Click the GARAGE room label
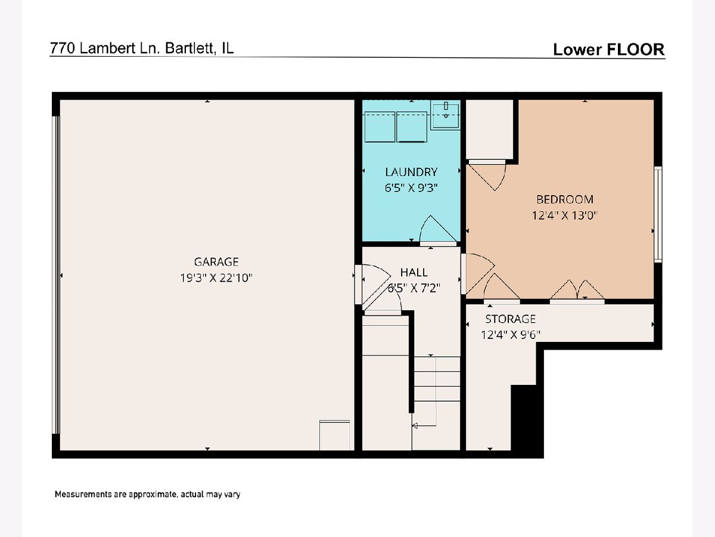click(216, 262)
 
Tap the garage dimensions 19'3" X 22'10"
click(216, 278)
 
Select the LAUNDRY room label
click(411, 172)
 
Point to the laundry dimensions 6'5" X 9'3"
click(411, 188)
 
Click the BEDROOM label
click(564, 199)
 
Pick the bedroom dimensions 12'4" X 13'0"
click(564, 215)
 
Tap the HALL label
click(414, 272)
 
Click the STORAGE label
click(511, 319)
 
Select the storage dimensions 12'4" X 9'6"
click(511, 335)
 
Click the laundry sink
click(445, 115)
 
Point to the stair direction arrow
click(424, 425)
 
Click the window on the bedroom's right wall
click(658, 214)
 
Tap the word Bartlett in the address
click(190, 48)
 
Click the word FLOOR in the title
click(635, 50)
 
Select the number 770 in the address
click(63, 48)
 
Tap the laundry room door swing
click(438, 229)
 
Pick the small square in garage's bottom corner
click(334, 436)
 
